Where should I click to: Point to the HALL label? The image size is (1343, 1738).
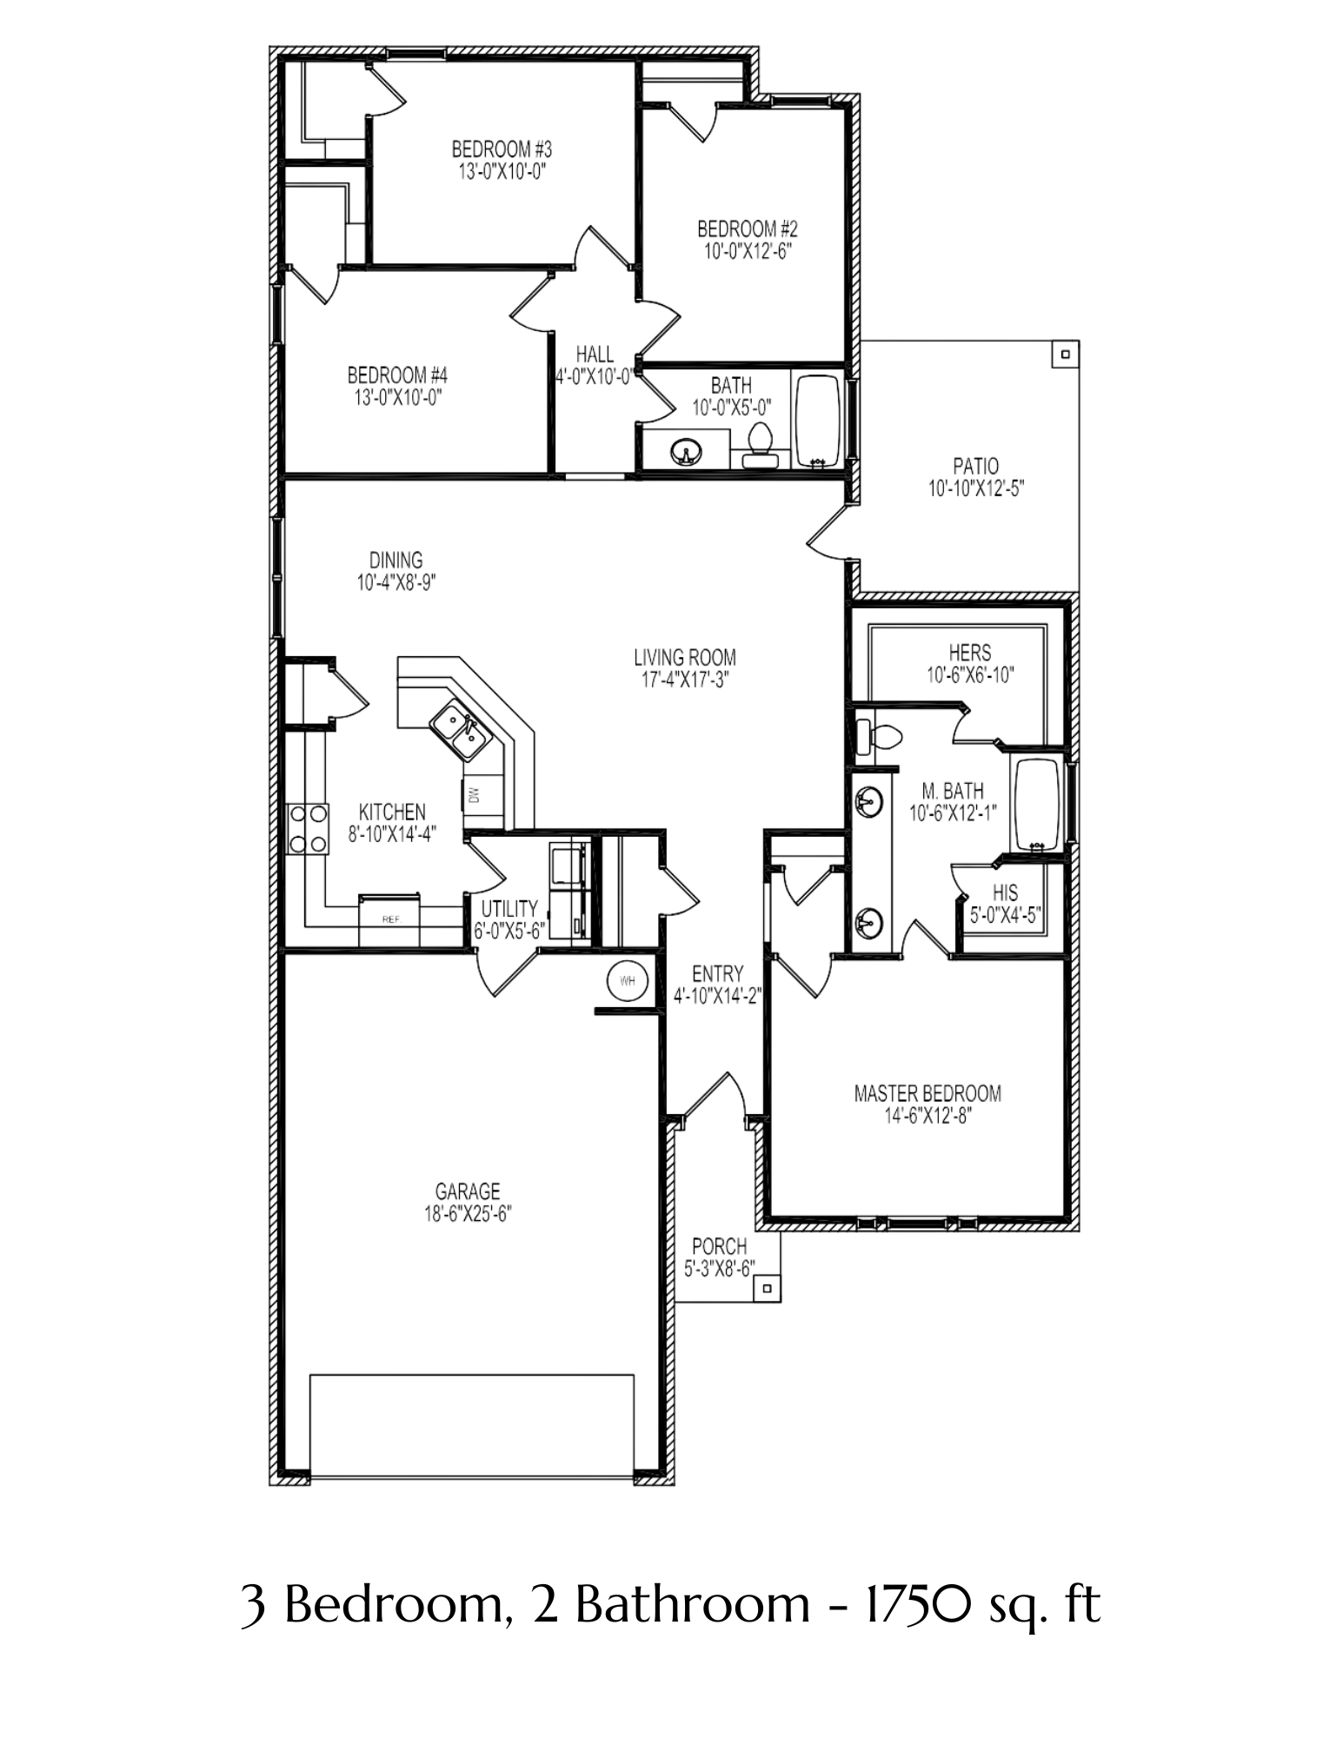[x=595, y=355]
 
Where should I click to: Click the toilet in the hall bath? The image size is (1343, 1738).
[x=760, y=445]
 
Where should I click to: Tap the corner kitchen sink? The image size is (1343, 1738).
[x=458, y=728]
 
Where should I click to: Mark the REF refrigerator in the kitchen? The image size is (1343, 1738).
[x=390, y=918]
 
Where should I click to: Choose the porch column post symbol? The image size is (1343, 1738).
[x=767, y=1289]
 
